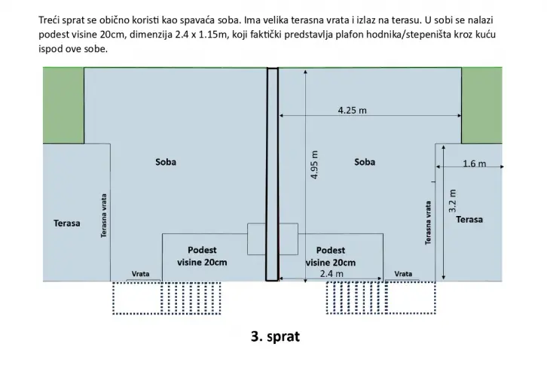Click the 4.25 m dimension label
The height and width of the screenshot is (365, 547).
tap(352, 111)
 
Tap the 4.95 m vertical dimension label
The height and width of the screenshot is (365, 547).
tap(314, 165)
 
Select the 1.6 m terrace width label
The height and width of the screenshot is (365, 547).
tap(474, 163)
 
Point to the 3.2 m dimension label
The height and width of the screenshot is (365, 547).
tap(452, 201)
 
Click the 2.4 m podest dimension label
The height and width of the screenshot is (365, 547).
tap(332, 274)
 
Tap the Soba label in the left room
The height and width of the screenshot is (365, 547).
tap(166, 162)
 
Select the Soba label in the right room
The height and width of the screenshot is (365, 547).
tap(365, 162)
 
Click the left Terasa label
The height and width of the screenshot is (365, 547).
tap(66, 223)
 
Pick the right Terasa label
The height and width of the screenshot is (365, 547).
tap(469, 219)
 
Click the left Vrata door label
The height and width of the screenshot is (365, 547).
tap(140, 274)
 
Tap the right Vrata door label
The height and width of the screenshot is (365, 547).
tap(403, 274)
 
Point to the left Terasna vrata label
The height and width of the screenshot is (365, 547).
tap(104, 216)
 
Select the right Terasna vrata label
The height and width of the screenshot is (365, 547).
tap(428, 223)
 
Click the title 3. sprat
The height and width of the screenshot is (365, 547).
tap(275, 336)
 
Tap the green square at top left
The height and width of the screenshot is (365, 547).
tap(63, 105)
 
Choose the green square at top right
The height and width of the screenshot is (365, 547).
tap(481, 105)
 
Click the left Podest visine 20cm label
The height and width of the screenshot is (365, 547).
tap(202, 256)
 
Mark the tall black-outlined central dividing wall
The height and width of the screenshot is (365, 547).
tap(273, 174)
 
